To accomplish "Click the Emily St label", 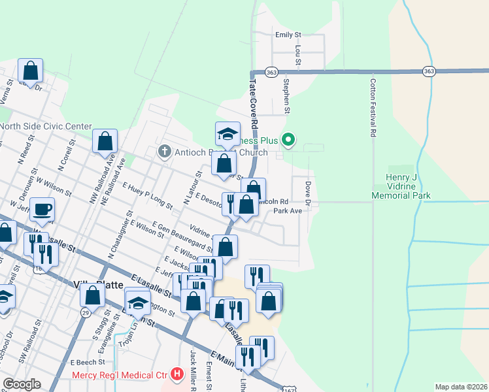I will tap(288, 35).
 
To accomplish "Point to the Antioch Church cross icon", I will tap(163, 152).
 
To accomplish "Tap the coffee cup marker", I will tap(42, 210).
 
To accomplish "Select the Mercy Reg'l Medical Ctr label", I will tap(120, 375).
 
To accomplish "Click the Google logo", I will tap(22, 384).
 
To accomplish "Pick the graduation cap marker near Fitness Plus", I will tap(228, 134).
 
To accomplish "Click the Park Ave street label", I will tap(288, 211).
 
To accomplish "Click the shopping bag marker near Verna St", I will tap(30, 69).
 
